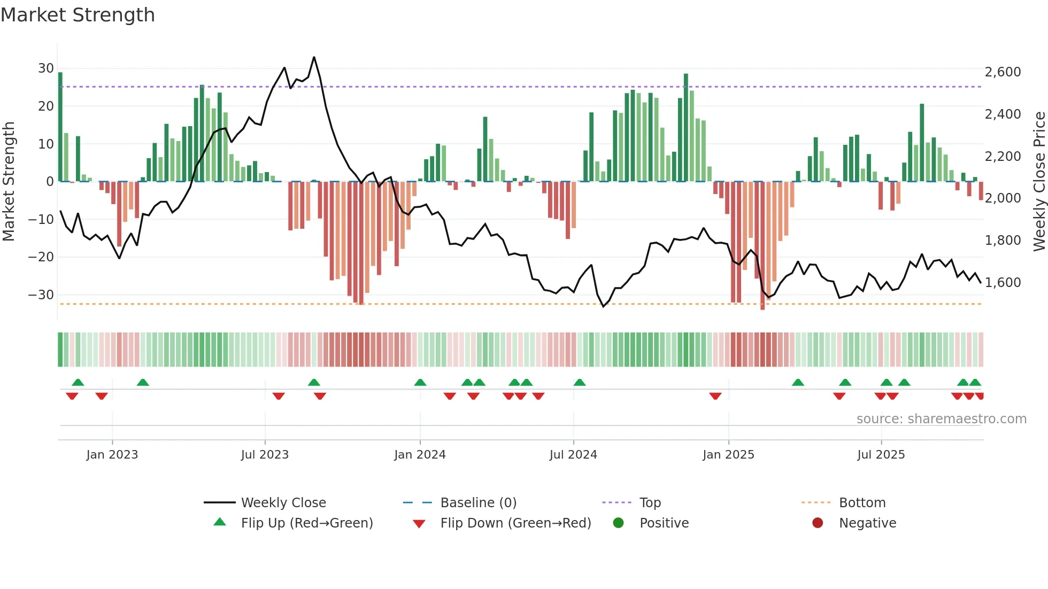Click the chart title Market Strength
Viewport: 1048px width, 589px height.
click(x=78, y=15)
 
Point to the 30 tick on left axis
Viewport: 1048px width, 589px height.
click(x=46, y=68)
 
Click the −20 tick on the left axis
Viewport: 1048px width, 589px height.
click(x=42, y=257)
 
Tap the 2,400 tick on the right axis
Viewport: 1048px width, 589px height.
click(x=1003, y=114)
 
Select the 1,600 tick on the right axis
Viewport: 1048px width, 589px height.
click(x=1003, y=282)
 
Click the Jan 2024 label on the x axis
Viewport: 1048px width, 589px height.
click(x=420, y=455)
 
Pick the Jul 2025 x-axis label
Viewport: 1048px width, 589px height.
click(x=881, y=455)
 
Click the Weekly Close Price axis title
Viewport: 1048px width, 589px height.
click(x=1039, y=182)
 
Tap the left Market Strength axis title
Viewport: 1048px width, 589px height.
click(x=9, y=182)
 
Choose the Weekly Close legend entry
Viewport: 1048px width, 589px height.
click(x=283, y=503)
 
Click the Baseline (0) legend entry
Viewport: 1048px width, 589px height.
click(x=478, y=503)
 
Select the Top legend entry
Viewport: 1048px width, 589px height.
click(x=650, y=503)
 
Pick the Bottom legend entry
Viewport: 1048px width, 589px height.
click(x=862, y=503)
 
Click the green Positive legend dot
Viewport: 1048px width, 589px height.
click(x=619, y=523)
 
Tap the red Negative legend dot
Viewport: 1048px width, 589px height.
click(x=818, y=523)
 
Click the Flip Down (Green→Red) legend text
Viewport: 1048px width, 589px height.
click(x=515, y=523)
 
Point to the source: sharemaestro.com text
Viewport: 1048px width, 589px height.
click(x=941, y=419)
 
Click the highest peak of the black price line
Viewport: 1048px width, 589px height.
click(x=314, y=57)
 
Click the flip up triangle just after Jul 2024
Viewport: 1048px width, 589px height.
click(x=580, y=383)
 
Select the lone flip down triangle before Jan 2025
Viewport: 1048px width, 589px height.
click(x=715, y=396)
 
